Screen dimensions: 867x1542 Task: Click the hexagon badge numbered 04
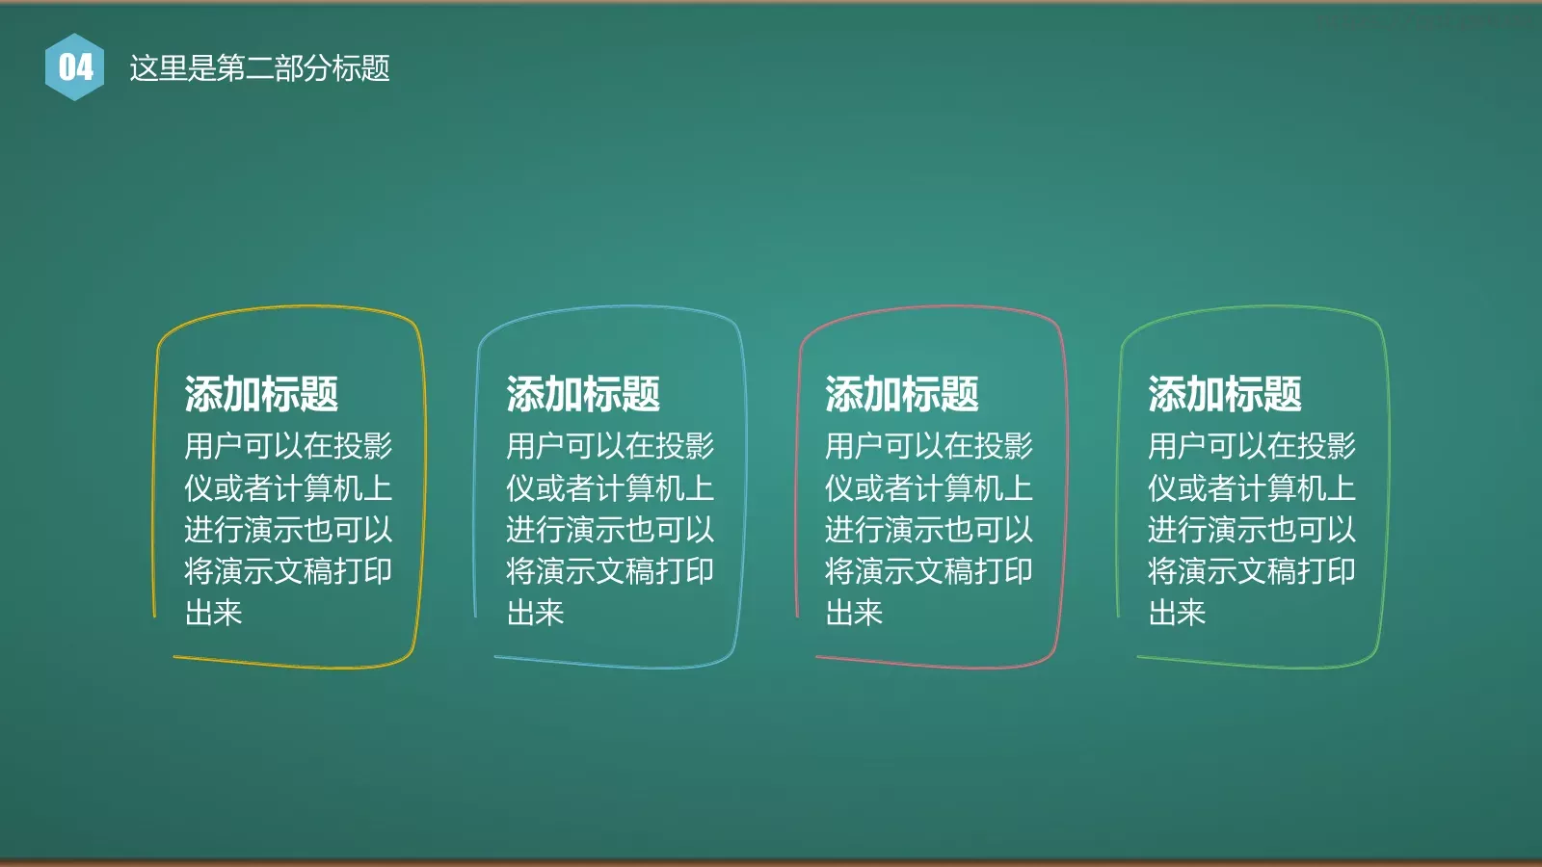coord(75,67)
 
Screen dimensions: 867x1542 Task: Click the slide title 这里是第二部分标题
coord(259,68)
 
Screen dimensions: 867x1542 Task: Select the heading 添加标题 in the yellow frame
coord(261,394)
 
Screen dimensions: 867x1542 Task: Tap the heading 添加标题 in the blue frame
coord(583,394)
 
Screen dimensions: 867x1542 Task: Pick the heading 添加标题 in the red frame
coord(902,394)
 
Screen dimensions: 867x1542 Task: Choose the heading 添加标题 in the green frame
coord(1225,394)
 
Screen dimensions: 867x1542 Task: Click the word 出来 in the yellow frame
coord(213,613)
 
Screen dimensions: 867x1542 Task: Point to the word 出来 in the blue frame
coord(535,613)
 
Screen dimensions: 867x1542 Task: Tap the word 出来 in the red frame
coord(854,613)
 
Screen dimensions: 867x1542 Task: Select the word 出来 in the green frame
coord(1177,613)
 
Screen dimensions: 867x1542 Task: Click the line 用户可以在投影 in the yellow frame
coord(288,446)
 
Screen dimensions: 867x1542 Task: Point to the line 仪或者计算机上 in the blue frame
coord(610,488)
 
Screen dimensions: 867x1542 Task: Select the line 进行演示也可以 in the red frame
coord(929,530)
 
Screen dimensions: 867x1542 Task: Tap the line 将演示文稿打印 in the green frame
coord(1252,571)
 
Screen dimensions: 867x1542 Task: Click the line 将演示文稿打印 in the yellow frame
coord(288,571)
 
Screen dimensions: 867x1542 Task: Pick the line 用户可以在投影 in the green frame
coord(1252,446)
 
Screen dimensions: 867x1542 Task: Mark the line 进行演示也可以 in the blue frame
coord(610,530)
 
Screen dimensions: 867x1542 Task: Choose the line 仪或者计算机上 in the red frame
coord(929,488)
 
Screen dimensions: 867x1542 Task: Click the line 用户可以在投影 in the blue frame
coord(610,446)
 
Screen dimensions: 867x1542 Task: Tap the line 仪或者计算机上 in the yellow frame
coord(288,488)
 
